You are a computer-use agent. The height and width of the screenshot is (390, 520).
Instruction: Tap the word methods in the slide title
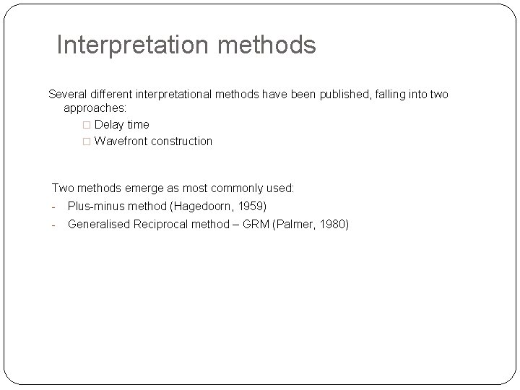(271, 45)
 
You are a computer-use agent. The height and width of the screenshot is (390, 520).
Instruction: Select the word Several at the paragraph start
(68, 94)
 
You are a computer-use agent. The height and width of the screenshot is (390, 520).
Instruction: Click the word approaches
(94, 108)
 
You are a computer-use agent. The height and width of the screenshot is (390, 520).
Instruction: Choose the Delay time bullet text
(121, 124)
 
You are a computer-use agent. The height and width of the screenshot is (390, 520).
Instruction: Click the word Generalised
(99, 224)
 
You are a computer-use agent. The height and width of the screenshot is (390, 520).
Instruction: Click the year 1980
(331, 224)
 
